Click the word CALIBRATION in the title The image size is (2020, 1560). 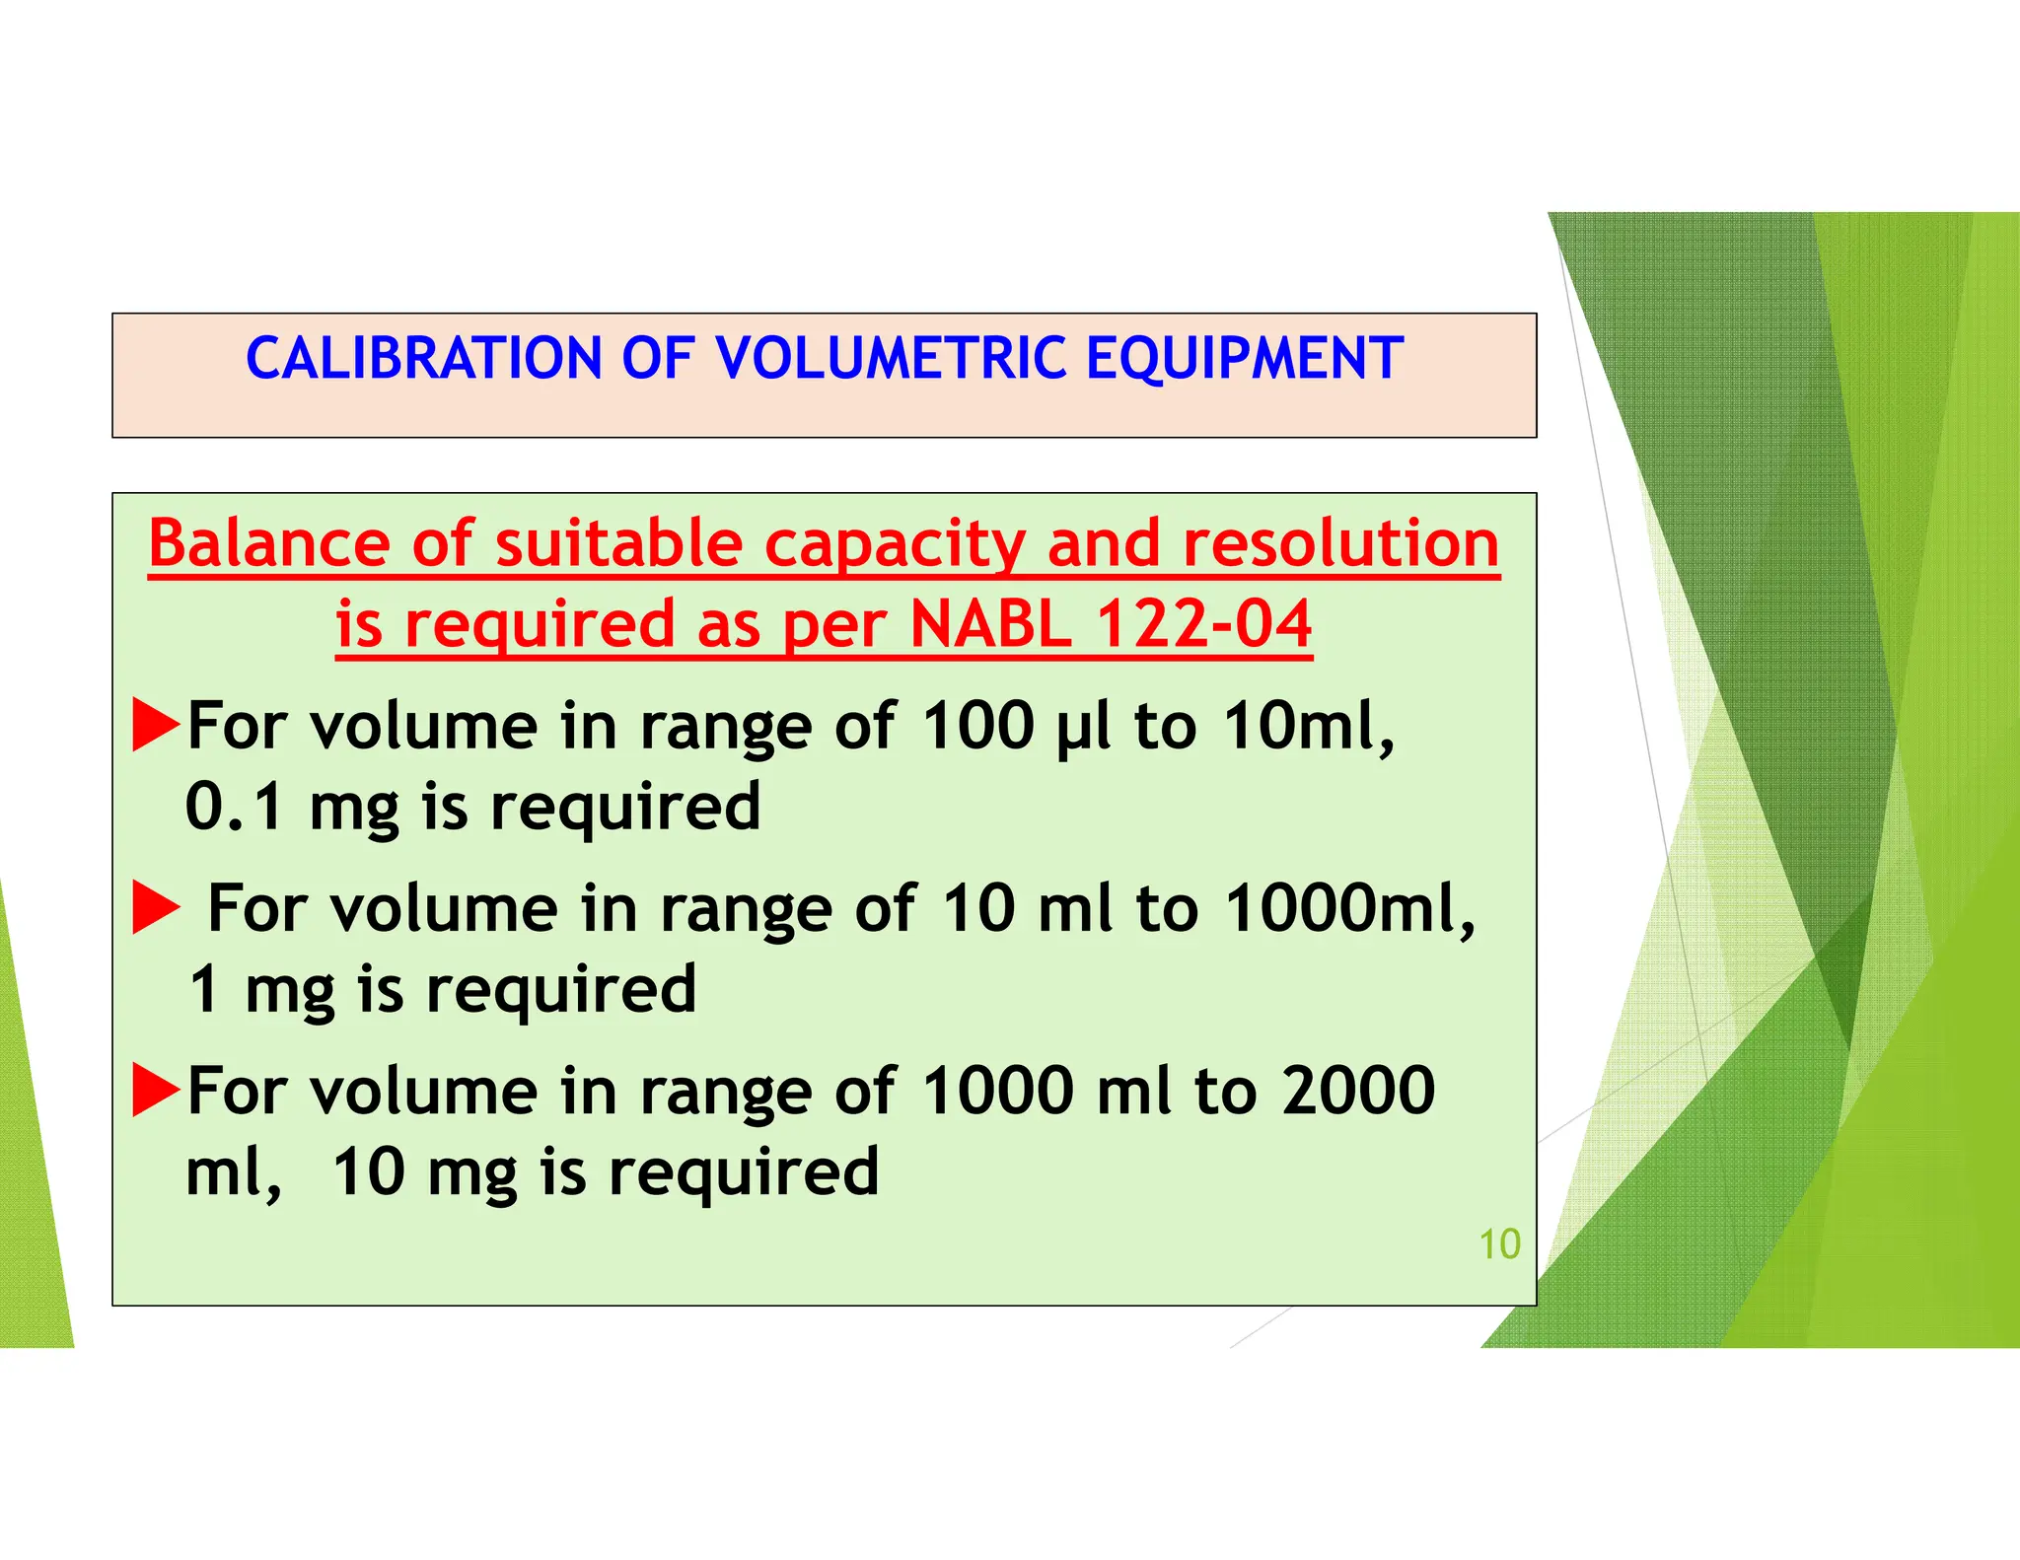[423, 358]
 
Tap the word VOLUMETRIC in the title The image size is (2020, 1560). [892, 358]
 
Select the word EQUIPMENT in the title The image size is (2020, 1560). [1244, 358]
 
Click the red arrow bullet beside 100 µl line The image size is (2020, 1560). [156, 725]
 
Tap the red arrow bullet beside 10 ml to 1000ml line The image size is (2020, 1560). [156, 907]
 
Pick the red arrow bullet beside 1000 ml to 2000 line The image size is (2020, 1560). [156, 1090]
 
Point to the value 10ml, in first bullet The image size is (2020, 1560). [1309, 728]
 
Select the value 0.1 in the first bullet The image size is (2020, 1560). [235, 807]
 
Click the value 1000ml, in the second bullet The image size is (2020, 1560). [1350, 909]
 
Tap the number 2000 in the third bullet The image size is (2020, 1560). [1358, 1092]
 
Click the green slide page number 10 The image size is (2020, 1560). [1499, 1244]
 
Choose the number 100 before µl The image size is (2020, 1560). [977, 726]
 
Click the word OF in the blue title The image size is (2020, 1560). [658, 358]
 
